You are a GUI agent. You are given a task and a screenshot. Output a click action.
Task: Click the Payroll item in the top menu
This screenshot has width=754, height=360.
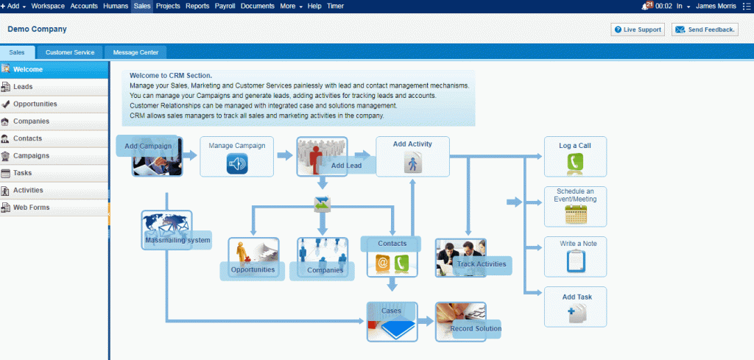tap(225, 6)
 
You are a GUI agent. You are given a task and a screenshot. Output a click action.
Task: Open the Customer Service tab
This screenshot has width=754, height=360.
tap(70, 52)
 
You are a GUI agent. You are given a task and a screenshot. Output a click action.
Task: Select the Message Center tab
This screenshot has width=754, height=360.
tap(135, 52)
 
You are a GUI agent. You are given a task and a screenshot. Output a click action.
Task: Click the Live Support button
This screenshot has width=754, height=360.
tap(638, 29)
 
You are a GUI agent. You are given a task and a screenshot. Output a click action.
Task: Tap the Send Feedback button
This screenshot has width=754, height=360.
tap(705, 29)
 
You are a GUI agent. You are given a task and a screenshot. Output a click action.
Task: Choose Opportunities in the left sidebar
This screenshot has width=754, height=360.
tap(35, 104)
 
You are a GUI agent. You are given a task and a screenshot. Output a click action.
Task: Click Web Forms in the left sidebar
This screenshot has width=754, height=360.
tap(31, 208)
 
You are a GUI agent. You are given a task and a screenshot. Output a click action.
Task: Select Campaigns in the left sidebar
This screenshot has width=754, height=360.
tap(31, 156)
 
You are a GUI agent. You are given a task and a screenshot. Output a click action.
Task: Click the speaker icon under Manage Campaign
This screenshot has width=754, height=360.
tap(237, 163)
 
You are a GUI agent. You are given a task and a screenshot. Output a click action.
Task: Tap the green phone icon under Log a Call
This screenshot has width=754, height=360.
tap(575, 163)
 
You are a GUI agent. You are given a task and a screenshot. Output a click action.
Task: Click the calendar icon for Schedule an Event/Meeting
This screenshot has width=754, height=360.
tap(576, 214)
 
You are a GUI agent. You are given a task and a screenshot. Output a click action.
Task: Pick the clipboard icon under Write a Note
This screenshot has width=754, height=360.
tap(576, 261)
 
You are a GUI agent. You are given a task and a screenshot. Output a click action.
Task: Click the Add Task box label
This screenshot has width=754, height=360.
tap(577, 297)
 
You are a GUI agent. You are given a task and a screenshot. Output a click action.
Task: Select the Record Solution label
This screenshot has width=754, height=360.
tap(476, 329)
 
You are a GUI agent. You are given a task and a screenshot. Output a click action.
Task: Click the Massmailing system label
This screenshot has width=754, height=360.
tap(178, 240)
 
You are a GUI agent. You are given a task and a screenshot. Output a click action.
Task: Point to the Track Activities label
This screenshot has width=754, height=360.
tap(482, 264)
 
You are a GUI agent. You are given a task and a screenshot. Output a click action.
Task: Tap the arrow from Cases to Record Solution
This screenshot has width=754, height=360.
tap(426, 321)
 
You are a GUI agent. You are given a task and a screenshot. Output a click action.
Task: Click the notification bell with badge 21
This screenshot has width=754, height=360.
tap(646, 6)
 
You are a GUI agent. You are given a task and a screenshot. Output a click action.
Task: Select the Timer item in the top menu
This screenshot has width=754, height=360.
tap(335, 6)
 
